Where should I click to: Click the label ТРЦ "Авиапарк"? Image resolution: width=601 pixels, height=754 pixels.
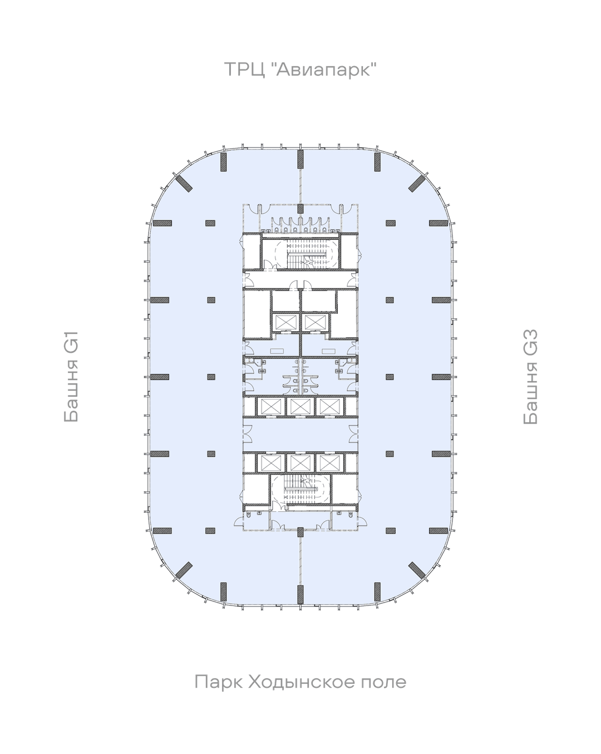300,70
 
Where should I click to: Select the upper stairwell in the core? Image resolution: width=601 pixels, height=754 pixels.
300,252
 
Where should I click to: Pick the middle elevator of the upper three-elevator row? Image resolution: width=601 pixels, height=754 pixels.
299,406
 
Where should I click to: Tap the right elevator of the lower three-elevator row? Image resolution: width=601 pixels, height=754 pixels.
328,463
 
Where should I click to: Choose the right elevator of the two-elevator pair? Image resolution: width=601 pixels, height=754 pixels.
315,322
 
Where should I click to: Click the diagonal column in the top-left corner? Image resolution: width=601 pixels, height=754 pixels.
184,184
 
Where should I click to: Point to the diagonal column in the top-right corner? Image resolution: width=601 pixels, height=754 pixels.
417,184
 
